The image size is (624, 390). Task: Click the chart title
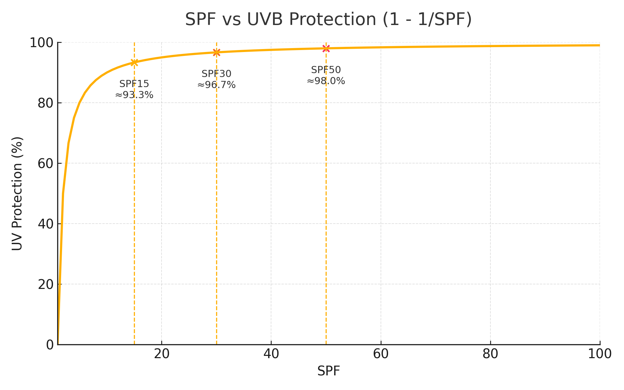[x=328, y=19]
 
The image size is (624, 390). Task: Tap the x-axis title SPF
[x=329, y=371]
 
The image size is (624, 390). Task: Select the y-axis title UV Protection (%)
[x=17, y=193]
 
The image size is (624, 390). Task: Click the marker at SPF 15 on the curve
[x=134, y=62]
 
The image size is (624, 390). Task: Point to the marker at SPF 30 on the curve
[x=216, y=52]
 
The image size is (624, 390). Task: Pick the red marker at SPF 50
[x=326, y=48]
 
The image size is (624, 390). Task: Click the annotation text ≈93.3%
[x=134, y=95]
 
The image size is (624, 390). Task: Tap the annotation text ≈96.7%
[x=216, y=85]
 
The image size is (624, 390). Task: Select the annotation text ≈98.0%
[x=326, y=81]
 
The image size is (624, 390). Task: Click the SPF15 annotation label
[x=134, y=84]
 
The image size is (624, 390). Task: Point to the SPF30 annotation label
[x=216, y=74]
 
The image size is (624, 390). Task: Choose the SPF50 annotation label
[x=326, y=70]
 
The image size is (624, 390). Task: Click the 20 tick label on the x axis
[x=162, y=354]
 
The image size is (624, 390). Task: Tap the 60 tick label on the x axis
[x=381, y=354]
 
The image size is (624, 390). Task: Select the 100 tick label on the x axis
[x=600, y=354]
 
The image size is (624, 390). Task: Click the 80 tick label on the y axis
[x=45, y=103]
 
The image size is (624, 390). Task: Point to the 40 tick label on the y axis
[x=45, y=224]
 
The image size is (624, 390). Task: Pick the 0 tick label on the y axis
[x=50, y=345]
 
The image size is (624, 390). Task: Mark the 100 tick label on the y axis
[x=42, y=43]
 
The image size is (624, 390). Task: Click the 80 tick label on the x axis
[x=490, y=354]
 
